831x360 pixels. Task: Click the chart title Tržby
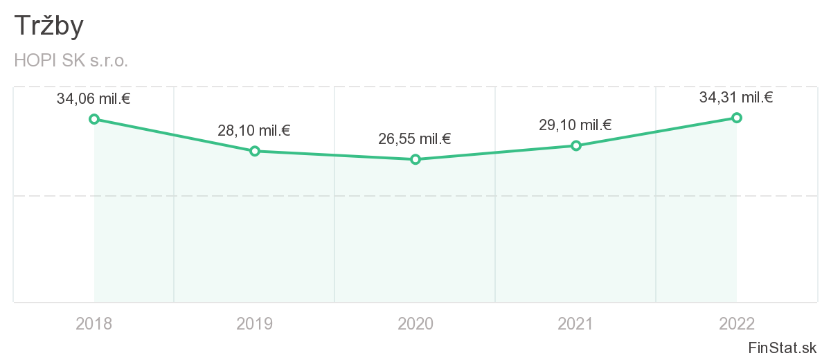point(48,26)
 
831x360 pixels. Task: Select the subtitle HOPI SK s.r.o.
point(71,61)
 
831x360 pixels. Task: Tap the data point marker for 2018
point(94,119)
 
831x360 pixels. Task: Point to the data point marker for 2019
point(255,151)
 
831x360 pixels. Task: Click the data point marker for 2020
point(415,159)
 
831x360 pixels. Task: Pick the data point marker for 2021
point(576,145)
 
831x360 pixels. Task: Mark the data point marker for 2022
point(737,118)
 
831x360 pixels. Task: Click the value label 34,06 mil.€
point(93,99)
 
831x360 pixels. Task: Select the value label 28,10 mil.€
point(254,130)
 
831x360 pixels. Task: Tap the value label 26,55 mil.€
point(415,139)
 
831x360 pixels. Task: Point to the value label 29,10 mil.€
point(575,125)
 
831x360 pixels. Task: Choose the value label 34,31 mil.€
point(736,98)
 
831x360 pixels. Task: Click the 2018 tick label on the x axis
point(94,323)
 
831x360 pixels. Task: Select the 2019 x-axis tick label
point(255,323)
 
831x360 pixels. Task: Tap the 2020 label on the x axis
point(415,323)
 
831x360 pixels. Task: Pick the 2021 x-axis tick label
point(576,323)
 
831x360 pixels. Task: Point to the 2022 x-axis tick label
point(737,323)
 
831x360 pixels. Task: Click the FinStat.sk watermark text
point(783,348)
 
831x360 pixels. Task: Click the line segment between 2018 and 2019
point(175,135)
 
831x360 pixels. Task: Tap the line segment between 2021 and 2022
point(656,132)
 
